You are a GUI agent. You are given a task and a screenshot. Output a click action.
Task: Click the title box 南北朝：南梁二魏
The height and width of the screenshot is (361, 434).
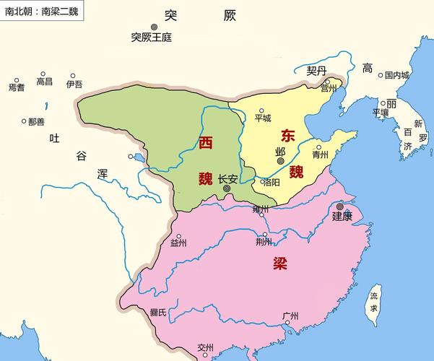pyautogui.click(x=42, y=11)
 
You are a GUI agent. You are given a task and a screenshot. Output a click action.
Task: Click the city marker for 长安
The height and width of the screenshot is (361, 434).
pyautogui.click(x=227, y=188)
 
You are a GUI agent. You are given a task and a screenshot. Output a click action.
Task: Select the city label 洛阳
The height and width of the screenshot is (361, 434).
pyautogui.click(x=271, y=182)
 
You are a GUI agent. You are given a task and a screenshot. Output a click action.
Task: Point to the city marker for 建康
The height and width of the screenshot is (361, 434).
pyautogui.click(x=340, y=206)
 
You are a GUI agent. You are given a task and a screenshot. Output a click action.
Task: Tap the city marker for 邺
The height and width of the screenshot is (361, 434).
pyautogui.click(x=280, y=161)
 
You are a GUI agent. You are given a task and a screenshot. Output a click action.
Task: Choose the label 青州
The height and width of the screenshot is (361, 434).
pyautogui.click(x=321, y=155)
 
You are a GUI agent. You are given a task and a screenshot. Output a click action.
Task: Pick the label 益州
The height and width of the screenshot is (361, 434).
pyautogui.click(x=178, y=243)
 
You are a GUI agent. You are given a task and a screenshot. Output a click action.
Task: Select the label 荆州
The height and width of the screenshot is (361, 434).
pyautogui.click(x=264, y=243)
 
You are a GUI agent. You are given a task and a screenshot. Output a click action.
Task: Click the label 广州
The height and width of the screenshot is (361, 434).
pyautogui.click(x=291, y=316)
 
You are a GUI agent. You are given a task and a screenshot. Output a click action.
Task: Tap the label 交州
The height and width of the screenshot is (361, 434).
pyautogui.click(x=206, y=347)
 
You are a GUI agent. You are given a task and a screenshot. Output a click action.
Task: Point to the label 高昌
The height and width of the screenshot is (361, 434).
pyautogui.click(x=45, y=82)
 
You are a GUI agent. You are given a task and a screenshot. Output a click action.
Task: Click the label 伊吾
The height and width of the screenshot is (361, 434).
pyautogui.click(x=74, y=84)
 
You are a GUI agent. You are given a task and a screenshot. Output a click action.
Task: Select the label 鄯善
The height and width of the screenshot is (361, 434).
pyautogui.click(x=36, y=121)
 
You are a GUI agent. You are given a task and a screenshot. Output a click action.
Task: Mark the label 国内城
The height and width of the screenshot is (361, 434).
pyautogui.click(x=396, y=74)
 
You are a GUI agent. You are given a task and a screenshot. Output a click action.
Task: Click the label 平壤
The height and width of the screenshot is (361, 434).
pyautogui.click(x=381, y=113)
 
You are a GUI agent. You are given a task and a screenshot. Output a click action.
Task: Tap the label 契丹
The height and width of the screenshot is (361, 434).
pyautogui.click(x=317, y=71)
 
